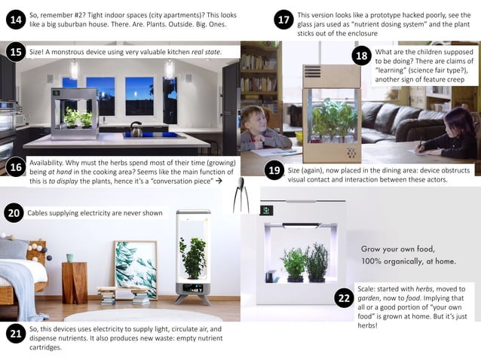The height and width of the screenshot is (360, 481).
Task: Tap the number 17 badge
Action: click(284, 20)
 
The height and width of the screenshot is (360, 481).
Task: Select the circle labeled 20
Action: click(14, 214)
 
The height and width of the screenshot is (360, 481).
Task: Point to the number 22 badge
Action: click(344, 298)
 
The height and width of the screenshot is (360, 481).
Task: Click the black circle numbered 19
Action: click(274, 171)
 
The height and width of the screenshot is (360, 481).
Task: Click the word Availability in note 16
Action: click(50, 163)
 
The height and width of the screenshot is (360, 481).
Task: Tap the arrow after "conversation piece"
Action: click(219, 182)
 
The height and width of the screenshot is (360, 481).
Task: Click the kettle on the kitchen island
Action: click(137, 130)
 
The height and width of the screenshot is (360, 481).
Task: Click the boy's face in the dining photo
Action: click(256, 121)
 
